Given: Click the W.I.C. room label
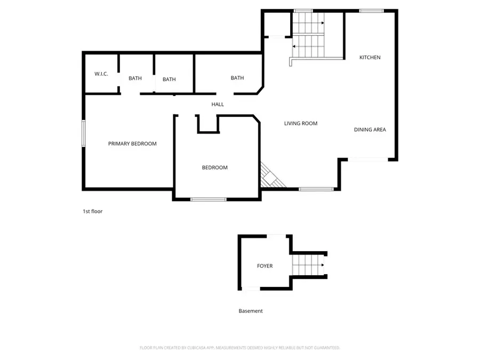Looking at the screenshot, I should (101, 74).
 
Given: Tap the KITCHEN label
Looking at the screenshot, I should (370, 57).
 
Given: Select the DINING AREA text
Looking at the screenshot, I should (370, 130).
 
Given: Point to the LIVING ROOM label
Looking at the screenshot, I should (300, 123).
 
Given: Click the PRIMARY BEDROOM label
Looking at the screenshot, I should (132, 143).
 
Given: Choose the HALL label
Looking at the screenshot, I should (218, 105).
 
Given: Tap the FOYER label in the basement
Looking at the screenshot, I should (265, 266).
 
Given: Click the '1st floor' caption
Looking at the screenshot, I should (92, 211).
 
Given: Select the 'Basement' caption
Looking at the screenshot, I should (250, 311).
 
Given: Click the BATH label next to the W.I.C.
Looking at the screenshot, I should (135, 78).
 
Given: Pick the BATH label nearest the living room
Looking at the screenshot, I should (237, 78).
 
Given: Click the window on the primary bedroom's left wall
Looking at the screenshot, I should (83, 133).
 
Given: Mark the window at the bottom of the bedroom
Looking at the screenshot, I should (208, 199).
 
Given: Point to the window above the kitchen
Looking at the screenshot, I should (371, 11).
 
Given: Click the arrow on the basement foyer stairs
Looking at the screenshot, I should (322, 265).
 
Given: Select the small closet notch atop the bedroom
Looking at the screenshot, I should (207, 124).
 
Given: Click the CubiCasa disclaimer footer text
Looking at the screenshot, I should (239, 348).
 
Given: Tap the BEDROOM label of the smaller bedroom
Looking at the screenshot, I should (214, 167).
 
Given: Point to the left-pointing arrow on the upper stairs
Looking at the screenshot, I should (294, 46).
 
